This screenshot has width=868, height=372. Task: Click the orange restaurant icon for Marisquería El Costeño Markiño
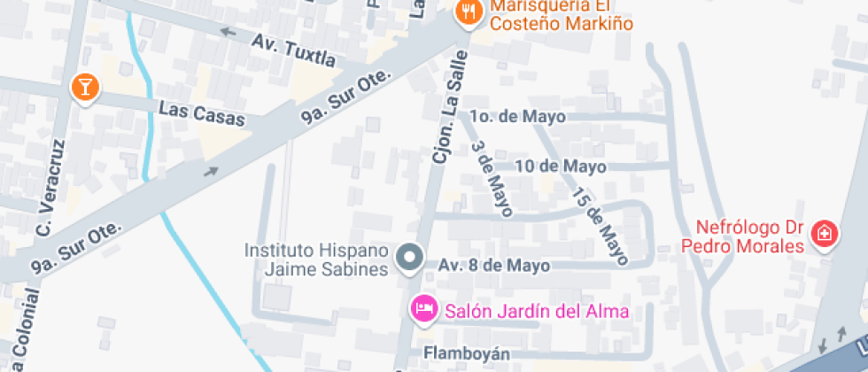[x=467, y=12]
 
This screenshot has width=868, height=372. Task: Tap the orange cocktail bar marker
[x=85, y=87]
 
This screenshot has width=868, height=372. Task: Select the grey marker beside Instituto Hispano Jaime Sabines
[x=409, y=259]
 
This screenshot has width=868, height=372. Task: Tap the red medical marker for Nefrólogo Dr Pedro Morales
[x=825, y=235]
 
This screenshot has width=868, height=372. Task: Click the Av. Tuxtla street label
[x=293, y=50]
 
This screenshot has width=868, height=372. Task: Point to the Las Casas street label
[x=201, y=114]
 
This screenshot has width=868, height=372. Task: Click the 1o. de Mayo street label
[x=517, y=116]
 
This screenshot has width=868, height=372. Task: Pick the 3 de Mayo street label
[x=492, y=179]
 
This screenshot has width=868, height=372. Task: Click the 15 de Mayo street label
[x=600, y=226]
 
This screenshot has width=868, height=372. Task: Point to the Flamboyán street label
[x=465, y=353]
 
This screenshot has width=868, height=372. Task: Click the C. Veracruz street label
[x=50, y=189]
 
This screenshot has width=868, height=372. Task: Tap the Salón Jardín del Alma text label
[x=537, y=311]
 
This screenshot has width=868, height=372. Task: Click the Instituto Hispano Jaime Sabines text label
[x=316, y=260]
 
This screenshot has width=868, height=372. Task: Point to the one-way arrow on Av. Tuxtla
[x=229, y=33]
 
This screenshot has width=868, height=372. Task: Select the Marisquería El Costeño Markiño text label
[x=562, y=14]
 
